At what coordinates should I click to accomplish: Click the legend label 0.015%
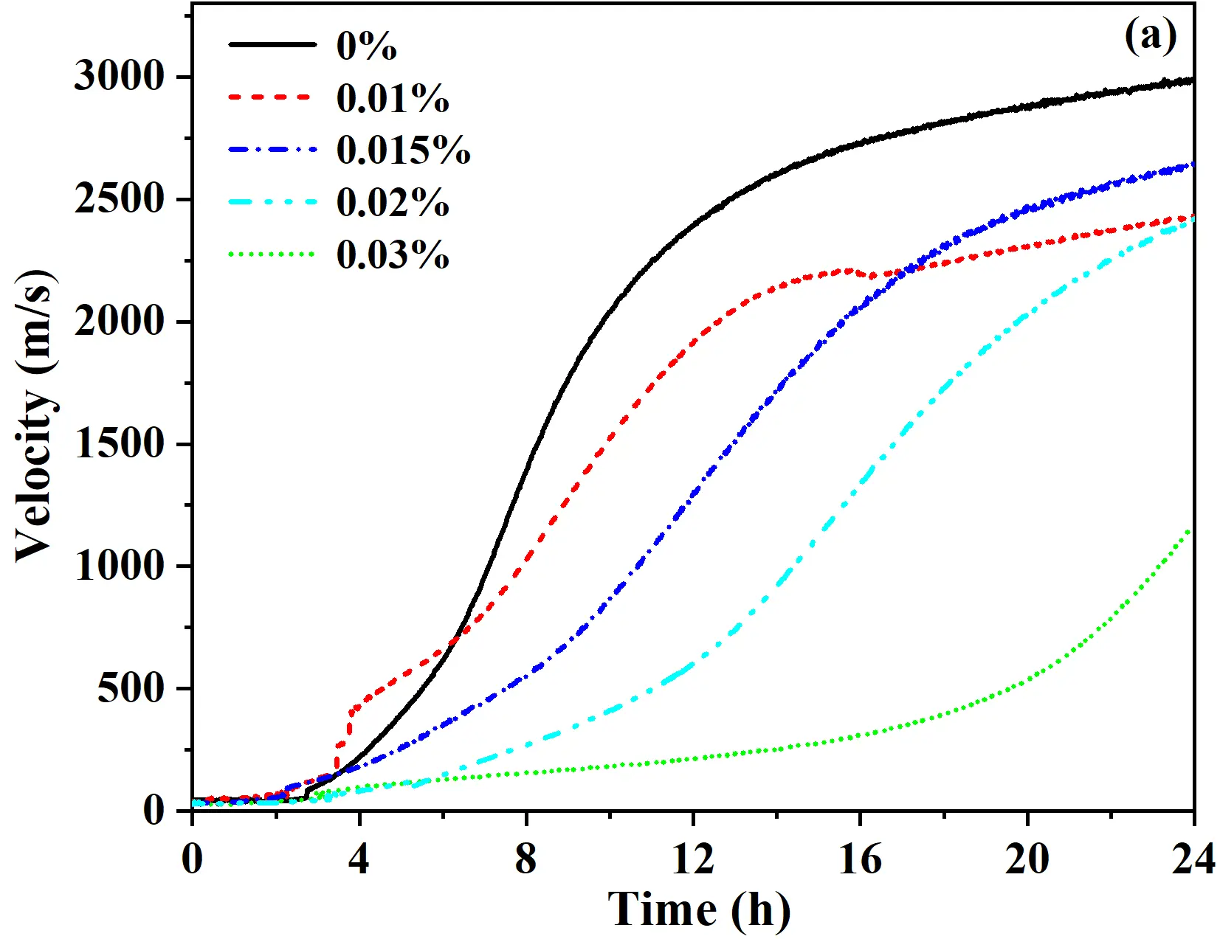(403, 150)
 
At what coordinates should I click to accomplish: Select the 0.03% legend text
(393, 255)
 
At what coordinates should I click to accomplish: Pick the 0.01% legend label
(393, 98)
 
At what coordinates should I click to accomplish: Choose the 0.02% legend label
(393, 203)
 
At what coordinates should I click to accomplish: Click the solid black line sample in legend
(272, 45)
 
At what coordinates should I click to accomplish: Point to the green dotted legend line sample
(272, 254)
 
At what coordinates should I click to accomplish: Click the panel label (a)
(1150, 35)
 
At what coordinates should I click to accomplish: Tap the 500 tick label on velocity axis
(131, 688)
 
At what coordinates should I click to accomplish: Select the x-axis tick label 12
(692, 859)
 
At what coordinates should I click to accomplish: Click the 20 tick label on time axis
(1027, 859)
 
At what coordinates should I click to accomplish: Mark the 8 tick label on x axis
(525, 859)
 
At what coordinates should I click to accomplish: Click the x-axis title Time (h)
(698, 909)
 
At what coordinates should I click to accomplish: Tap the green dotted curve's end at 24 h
(1189, 529)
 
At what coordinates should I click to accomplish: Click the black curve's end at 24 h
(1190, 80)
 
